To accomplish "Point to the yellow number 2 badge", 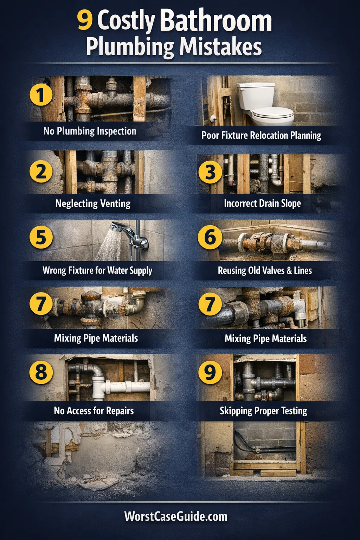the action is click(41, 172).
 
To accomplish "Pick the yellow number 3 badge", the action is click(210, 172).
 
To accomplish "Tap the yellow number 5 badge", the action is click(41, 237).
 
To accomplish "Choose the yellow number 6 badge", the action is click(210, 237).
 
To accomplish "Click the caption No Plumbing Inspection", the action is click(90, 131).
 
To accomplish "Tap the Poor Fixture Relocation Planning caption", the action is click(261, 135).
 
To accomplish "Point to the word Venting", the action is click(115, 204).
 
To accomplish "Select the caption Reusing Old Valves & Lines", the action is click(265, 270).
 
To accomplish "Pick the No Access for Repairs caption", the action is click(94, 411).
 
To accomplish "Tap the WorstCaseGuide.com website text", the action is click(176, 516).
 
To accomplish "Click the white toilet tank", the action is click(256, 96).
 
